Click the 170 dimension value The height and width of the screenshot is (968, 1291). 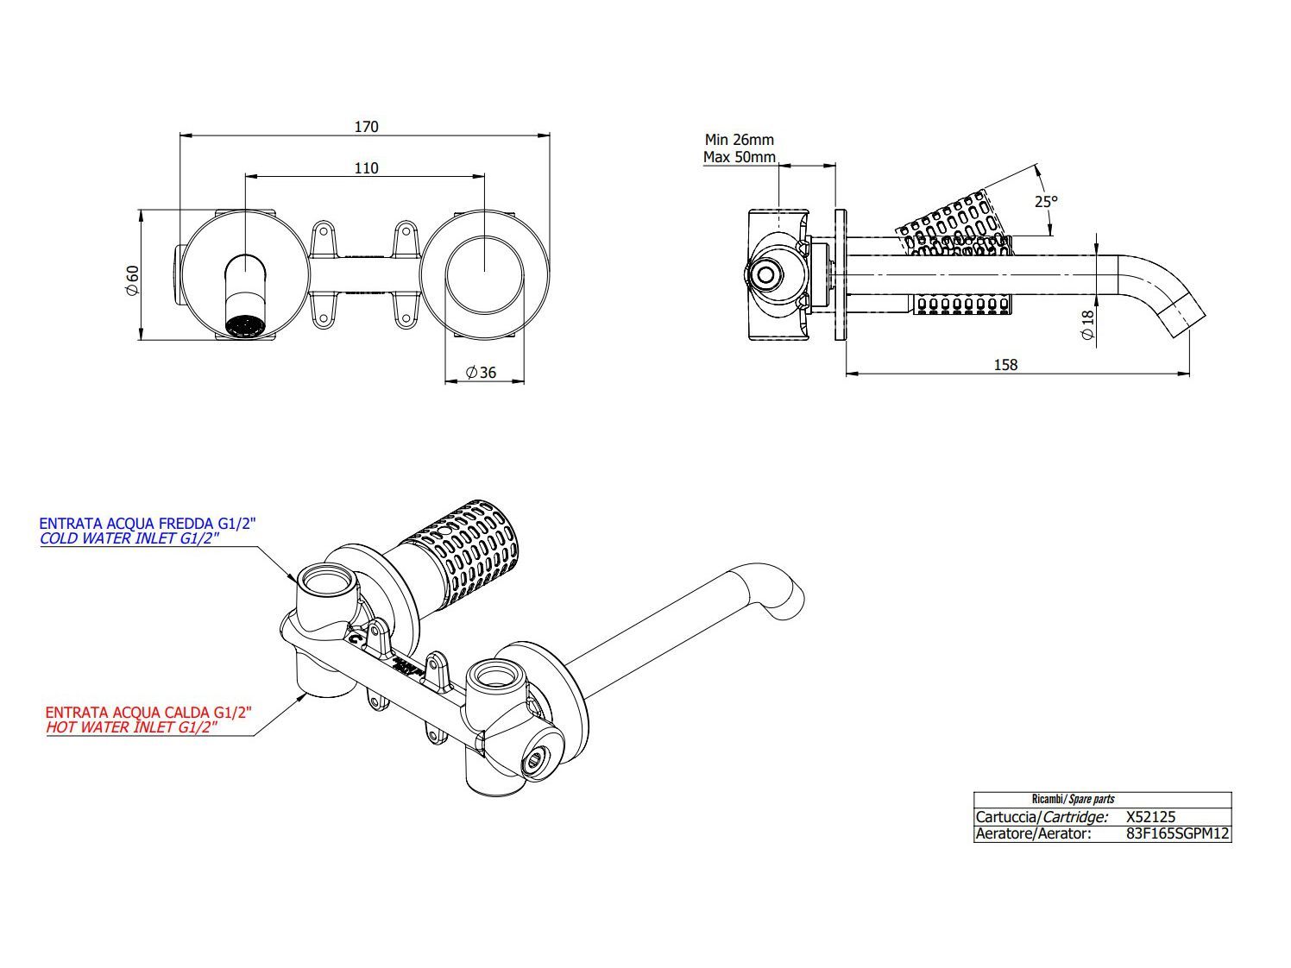[x=366, y=127]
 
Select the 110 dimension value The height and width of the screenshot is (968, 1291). [x=366, y=167]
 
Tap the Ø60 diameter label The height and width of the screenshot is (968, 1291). [x=132, y=280]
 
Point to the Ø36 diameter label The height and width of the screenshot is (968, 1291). [x=481, y=373]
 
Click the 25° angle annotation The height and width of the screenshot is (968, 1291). [x=1046, y=201]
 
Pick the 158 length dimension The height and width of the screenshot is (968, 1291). [x=1005, y=365]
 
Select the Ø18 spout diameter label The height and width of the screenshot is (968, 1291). [x=1087, y=323]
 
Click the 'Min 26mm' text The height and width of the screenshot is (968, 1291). [x=739, y=140]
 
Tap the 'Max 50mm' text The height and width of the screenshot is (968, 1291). [x=739, y=157]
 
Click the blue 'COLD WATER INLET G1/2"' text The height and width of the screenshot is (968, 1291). [x=129, y=538]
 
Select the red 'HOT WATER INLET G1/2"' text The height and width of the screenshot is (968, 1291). [x=130, y=727]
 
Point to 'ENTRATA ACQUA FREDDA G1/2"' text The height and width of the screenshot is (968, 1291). [x=148, y=523]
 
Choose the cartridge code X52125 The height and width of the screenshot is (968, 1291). [x=1151, y=817]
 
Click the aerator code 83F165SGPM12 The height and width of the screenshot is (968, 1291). [x=1177, y=834]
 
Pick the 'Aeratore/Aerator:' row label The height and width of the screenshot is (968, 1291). [x=1033, y=834]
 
